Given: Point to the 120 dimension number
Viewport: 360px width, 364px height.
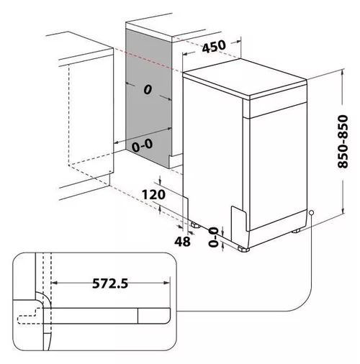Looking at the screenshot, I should [154, 194].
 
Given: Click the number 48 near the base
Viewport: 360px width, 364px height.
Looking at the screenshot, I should [183, 242].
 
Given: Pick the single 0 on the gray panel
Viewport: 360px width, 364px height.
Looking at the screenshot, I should [146, 90].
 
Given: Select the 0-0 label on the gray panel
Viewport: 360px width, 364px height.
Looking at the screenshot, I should [142, 145].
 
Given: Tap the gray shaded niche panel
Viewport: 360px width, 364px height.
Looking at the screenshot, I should [148, 115].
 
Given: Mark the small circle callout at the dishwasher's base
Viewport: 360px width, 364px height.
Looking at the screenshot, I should [310, 213].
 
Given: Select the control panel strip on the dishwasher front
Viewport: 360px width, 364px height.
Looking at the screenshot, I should [277, 106].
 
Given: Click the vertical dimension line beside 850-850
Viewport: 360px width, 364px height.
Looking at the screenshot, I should [336, 144].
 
